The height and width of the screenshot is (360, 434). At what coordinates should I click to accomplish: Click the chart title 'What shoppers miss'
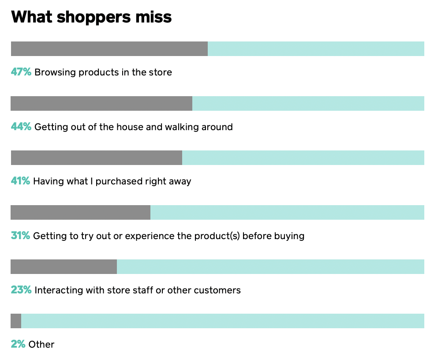click(91, 17)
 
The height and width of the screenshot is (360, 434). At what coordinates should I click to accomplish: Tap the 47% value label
click(21, 72)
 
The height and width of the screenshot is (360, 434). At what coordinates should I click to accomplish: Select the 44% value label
click(21, 127)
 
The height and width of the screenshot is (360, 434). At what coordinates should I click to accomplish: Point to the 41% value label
click(20, 181)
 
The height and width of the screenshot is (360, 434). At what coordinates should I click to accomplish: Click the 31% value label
click(20, 236)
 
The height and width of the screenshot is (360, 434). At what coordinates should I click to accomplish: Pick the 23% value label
click(21, 290)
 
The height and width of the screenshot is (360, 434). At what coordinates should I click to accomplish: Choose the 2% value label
click(18, 344)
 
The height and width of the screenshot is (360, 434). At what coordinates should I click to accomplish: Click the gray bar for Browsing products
click(109, 49)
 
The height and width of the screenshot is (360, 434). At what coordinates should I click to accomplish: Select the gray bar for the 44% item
click(101, 103)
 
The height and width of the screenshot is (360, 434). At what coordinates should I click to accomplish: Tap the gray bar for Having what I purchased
click(97, 157)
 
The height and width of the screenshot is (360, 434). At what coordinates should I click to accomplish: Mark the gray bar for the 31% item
click(81, 212)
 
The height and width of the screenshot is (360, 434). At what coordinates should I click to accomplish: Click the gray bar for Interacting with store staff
click(64, 266)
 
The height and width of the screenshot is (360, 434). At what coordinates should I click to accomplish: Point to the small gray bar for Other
click(16, 321)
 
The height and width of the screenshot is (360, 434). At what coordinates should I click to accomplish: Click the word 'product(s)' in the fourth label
click(217, 236)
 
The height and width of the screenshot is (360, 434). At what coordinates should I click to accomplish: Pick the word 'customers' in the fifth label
click(217, 290)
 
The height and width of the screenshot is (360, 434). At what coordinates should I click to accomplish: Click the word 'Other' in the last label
click(41, 344)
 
